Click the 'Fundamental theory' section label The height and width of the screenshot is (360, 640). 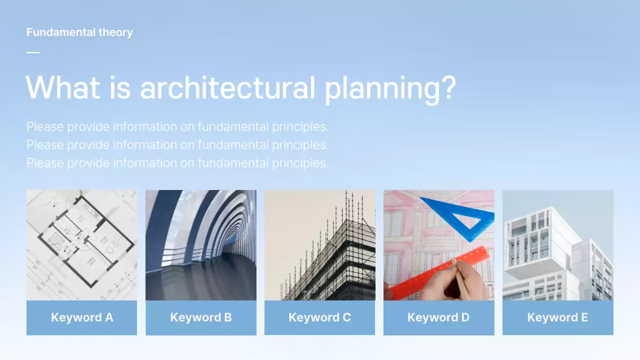click(79, 32)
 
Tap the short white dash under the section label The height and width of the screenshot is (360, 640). click(33, 52)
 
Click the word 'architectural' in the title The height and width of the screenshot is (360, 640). click(227, 87)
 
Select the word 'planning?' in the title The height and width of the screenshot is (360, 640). click(390, 88)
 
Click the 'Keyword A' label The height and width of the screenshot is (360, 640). click(82, 317)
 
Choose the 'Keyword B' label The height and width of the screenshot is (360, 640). click(201, 317)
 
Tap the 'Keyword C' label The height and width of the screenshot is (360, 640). click(320, 317)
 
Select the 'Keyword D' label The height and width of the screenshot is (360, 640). click(438, 317)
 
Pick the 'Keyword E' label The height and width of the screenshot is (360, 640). click(557, 317)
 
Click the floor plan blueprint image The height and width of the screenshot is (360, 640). click(82, 245)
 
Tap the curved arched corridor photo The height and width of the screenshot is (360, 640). click(201, 245)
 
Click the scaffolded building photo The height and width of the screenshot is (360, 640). click(320, 245)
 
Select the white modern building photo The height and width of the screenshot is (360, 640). click(557, 245)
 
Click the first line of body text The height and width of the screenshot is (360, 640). click(177, 126)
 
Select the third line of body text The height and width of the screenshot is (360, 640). click(177, 162)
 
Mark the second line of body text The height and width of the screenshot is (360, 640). click(177, 144)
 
